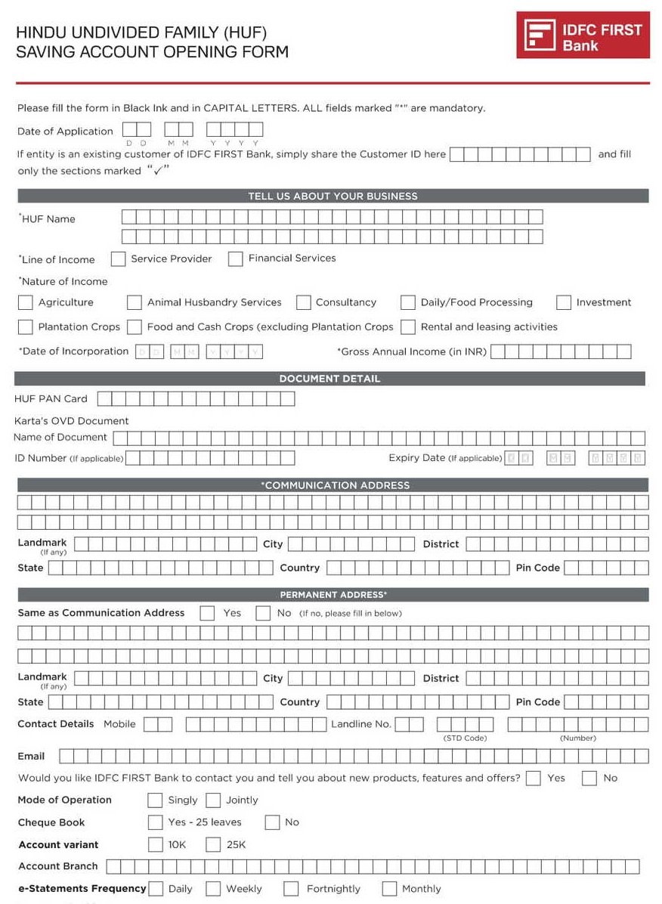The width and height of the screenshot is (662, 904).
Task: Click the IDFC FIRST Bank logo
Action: (x=583, y=35)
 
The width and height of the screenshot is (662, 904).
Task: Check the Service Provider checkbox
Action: (x=118, y=259)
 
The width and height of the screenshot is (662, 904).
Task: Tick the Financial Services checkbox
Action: (x=235, y=259)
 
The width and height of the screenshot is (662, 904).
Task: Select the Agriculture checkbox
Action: (x=25, y=302)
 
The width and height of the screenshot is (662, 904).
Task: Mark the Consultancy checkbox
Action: (x=303, y=302)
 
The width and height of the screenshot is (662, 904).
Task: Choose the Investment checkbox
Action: (x=563, y=302)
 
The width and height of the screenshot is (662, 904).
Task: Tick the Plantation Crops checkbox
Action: (x=25, y=327)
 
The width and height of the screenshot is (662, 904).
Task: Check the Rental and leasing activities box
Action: (x=408, y=327)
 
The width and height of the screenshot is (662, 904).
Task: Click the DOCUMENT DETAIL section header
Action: (x=330, y=379)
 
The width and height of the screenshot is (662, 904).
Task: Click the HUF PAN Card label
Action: (x=51, y=398)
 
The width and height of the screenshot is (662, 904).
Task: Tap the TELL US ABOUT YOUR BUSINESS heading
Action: (x=333, y=196)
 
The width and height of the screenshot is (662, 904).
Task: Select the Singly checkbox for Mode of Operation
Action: (x=155, y=800)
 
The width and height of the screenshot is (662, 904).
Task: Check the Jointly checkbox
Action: (x=213, y=800)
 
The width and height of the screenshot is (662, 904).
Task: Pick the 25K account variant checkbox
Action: (x=213, y=844)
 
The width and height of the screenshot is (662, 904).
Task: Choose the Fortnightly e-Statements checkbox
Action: (x=291, y=889)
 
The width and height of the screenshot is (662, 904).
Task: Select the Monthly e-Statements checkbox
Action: (x=389, y=889)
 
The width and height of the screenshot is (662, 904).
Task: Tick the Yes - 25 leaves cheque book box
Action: (x=155, y=822)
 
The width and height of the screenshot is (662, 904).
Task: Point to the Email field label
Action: (x=31, y=756)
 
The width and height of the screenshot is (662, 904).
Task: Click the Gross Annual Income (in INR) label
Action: (x=413, y=351)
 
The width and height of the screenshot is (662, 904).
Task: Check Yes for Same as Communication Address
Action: (x=207, y=613)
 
